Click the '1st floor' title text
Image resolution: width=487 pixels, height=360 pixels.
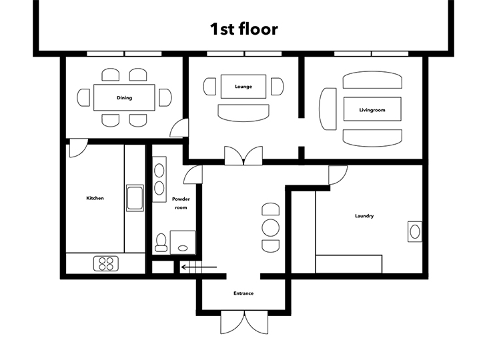(243, 29)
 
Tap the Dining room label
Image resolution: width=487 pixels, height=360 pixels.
(124, 98)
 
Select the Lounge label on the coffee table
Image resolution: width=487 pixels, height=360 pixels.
(243, 87)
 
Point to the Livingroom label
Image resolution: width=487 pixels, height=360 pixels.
(372, 110)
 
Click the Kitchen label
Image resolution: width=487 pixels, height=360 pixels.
(95, 198)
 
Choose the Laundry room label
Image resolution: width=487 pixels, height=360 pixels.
(364, 216)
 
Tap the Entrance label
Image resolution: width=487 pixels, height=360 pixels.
(243, 293)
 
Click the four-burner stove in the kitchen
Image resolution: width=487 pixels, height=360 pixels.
(106, 264)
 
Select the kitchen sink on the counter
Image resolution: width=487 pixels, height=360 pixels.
(135, 198)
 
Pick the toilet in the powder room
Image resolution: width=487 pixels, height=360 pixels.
(161, 243)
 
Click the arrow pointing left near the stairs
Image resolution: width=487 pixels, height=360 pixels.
(199, 267)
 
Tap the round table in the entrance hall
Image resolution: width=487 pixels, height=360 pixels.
(271, 227)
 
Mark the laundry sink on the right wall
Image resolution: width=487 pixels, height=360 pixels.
(415, 231)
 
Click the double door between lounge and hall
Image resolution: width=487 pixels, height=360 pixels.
(243, 155)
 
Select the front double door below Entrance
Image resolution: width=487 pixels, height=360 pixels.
(244, 322)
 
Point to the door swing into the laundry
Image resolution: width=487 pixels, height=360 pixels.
(338, 175)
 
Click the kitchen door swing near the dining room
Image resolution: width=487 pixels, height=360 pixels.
(78, 148)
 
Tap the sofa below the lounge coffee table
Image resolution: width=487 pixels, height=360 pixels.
(243, 113)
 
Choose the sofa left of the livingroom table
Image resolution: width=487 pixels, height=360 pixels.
(328, 109)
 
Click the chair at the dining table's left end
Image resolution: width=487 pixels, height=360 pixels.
(83, 97)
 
